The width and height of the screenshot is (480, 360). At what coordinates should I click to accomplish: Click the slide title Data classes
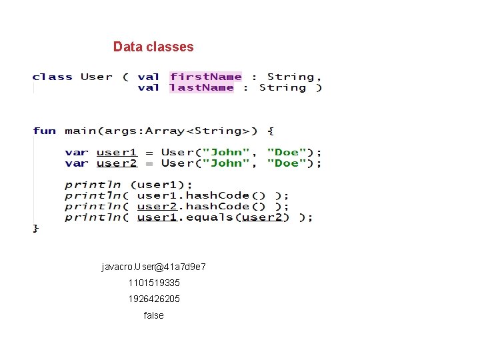tap(153, 47)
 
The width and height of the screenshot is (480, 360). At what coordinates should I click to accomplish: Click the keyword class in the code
tap(53, 77)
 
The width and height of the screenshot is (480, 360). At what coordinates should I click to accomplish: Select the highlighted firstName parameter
tap(206, 77)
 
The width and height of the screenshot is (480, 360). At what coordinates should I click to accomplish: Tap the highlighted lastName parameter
tap(202, 87)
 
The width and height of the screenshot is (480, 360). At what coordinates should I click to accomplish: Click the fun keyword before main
tap(44, 131)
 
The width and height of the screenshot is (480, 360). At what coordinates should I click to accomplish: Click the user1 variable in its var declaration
tap(117, 153)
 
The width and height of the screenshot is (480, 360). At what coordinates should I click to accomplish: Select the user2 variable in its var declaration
tap(117, 163)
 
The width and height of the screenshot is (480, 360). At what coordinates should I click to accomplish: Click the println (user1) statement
tap(129, 185)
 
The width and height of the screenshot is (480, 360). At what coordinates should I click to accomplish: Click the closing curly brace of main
tap(36, 228)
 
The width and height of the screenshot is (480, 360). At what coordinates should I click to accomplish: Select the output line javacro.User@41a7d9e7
tap(153, 267)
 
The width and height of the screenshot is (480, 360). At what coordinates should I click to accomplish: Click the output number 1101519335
tap(154, 283)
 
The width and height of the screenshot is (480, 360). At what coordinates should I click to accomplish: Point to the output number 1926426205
tap(154, 299)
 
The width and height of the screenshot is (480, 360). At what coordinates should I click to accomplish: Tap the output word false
tap(153, 315)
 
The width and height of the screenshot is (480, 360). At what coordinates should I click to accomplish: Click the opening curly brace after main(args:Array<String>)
tap(271, 131)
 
